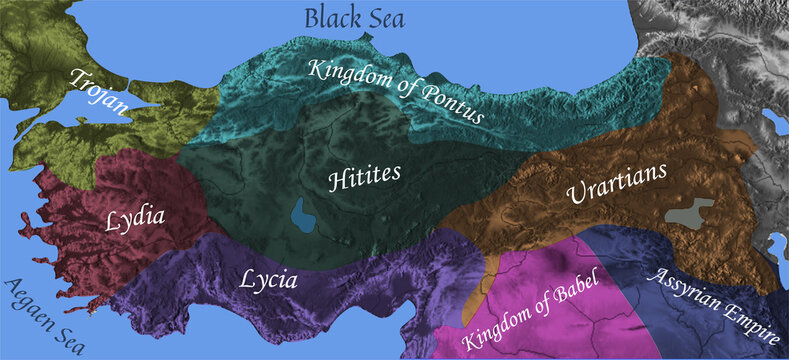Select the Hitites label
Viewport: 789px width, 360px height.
[365, 176]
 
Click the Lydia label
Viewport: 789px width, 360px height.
[134, 218]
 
